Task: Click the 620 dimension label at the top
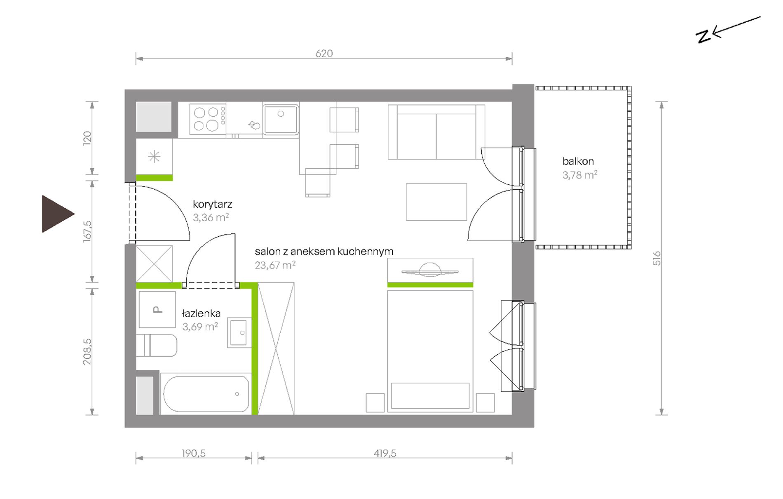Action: pyautogui.click(x=324, y=53)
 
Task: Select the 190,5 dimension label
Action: pyautogui.click(x=194, y=453)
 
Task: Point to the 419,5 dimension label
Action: pyautogui.click(x=385, y=453)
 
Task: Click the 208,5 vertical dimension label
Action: pyautogui.click(x=87, y=352)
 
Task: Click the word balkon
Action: pyautogui.click(x=578, y=161)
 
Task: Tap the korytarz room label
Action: pyautogui.click(x=212, y=204)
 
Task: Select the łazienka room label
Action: pyautogui.click(x=201, y=313)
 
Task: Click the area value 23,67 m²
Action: pyautogui.click(x=275, y=265)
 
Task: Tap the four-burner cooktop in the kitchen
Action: pyautogui.click(x=208, y=119)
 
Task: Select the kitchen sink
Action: pyautogui.click(x=281, y=119)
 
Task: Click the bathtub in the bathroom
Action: pyautogui.click(x=206, y=394)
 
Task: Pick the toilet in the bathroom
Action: pyautogui.click(x=157, y=346)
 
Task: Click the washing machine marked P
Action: pyautogui.click(x=157, y=309)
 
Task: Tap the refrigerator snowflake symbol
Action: pyautogui.click(x=154, y=157)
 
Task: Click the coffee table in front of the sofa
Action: pyautogui.click(x=436, y=202)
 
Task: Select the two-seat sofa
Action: pyautogui.click(x=436, y=132)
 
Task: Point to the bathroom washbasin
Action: pyautogui.click(x=239, y=332)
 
